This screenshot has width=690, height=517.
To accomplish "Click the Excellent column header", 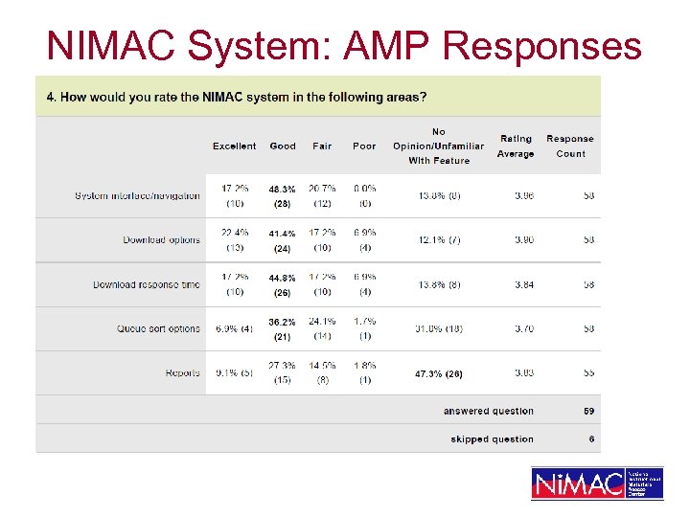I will pyautogui.click(x=235, y=146).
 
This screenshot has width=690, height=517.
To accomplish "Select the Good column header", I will pyautogui.click(x=283, y=146).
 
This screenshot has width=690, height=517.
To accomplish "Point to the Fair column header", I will pyautogui.click(x=322, y=146).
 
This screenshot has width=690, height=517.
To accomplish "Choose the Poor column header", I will pyautogui.click(x=364, y=146).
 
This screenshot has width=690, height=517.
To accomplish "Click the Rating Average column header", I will pyautogui.click(x=516, y=146).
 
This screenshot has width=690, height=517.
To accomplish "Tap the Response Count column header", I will pyautogui.click(x=570, y=146).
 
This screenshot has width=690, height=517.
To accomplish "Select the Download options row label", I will pyautogui.click(x=161, y=240).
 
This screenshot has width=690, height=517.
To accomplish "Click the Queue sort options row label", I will pyautogui.click(x=158, y=328).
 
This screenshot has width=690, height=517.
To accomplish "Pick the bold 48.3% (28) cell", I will pyautogui.click(x=282, y=196).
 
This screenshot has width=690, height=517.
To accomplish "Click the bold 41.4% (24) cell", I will pyautogui.click(x=282, y=241).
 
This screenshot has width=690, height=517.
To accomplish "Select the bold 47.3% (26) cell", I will pyautogui.click(x=439, y=373).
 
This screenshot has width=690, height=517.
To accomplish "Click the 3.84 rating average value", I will pyautogui.click(x=523, y=284).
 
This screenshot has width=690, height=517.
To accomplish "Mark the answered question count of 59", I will pyautogui.click(x=589, y=411).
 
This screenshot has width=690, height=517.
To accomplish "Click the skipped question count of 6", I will pyautogui.click(x=591, y=439).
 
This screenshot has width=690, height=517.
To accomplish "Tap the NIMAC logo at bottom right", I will pyautogui.click(x=597, y=483).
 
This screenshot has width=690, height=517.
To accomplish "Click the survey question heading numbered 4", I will pyautogui.click(x=237, y=97).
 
